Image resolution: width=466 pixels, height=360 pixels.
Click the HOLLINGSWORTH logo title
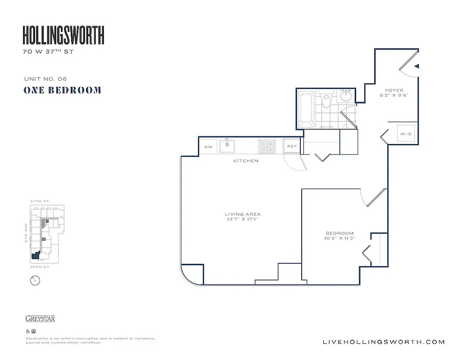[63, 35]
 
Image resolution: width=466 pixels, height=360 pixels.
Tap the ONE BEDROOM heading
[62, 90]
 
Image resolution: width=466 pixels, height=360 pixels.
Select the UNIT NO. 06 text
[45, 79]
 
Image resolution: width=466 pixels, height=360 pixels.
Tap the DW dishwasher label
[208, 147]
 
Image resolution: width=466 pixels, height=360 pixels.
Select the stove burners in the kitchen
[266, 146]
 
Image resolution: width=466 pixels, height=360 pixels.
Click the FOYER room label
[394, 90]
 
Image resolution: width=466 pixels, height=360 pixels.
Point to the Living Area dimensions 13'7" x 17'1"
[243, 220]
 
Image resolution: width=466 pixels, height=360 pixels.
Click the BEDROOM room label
[339, 233]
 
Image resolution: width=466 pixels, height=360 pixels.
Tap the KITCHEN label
[245, 161]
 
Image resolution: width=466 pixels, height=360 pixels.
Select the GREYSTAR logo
[40, 319]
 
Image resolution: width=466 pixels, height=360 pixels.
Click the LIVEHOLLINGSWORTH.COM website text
[384, 342]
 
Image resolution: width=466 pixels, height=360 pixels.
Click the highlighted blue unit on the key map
[36, 256]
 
